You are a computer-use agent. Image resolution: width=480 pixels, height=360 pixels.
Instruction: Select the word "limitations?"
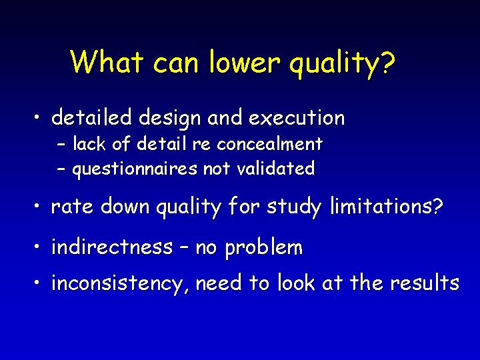pyautogui.click(x=386, y=207)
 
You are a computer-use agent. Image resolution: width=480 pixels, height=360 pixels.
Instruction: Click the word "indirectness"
pyautogui.click(x=112, y=247)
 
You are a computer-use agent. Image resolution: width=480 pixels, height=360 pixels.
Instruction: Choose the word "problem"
pyautogui.click(x=264, y=248)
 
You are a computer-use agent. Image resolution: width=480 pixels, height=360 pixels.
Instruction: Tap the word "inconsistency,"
pyautogui.click(x=123, y=284)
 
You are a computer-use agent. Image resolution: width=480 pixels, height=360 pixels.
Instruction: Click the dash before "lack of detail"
pyautogui.click(x=61, y=145)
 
